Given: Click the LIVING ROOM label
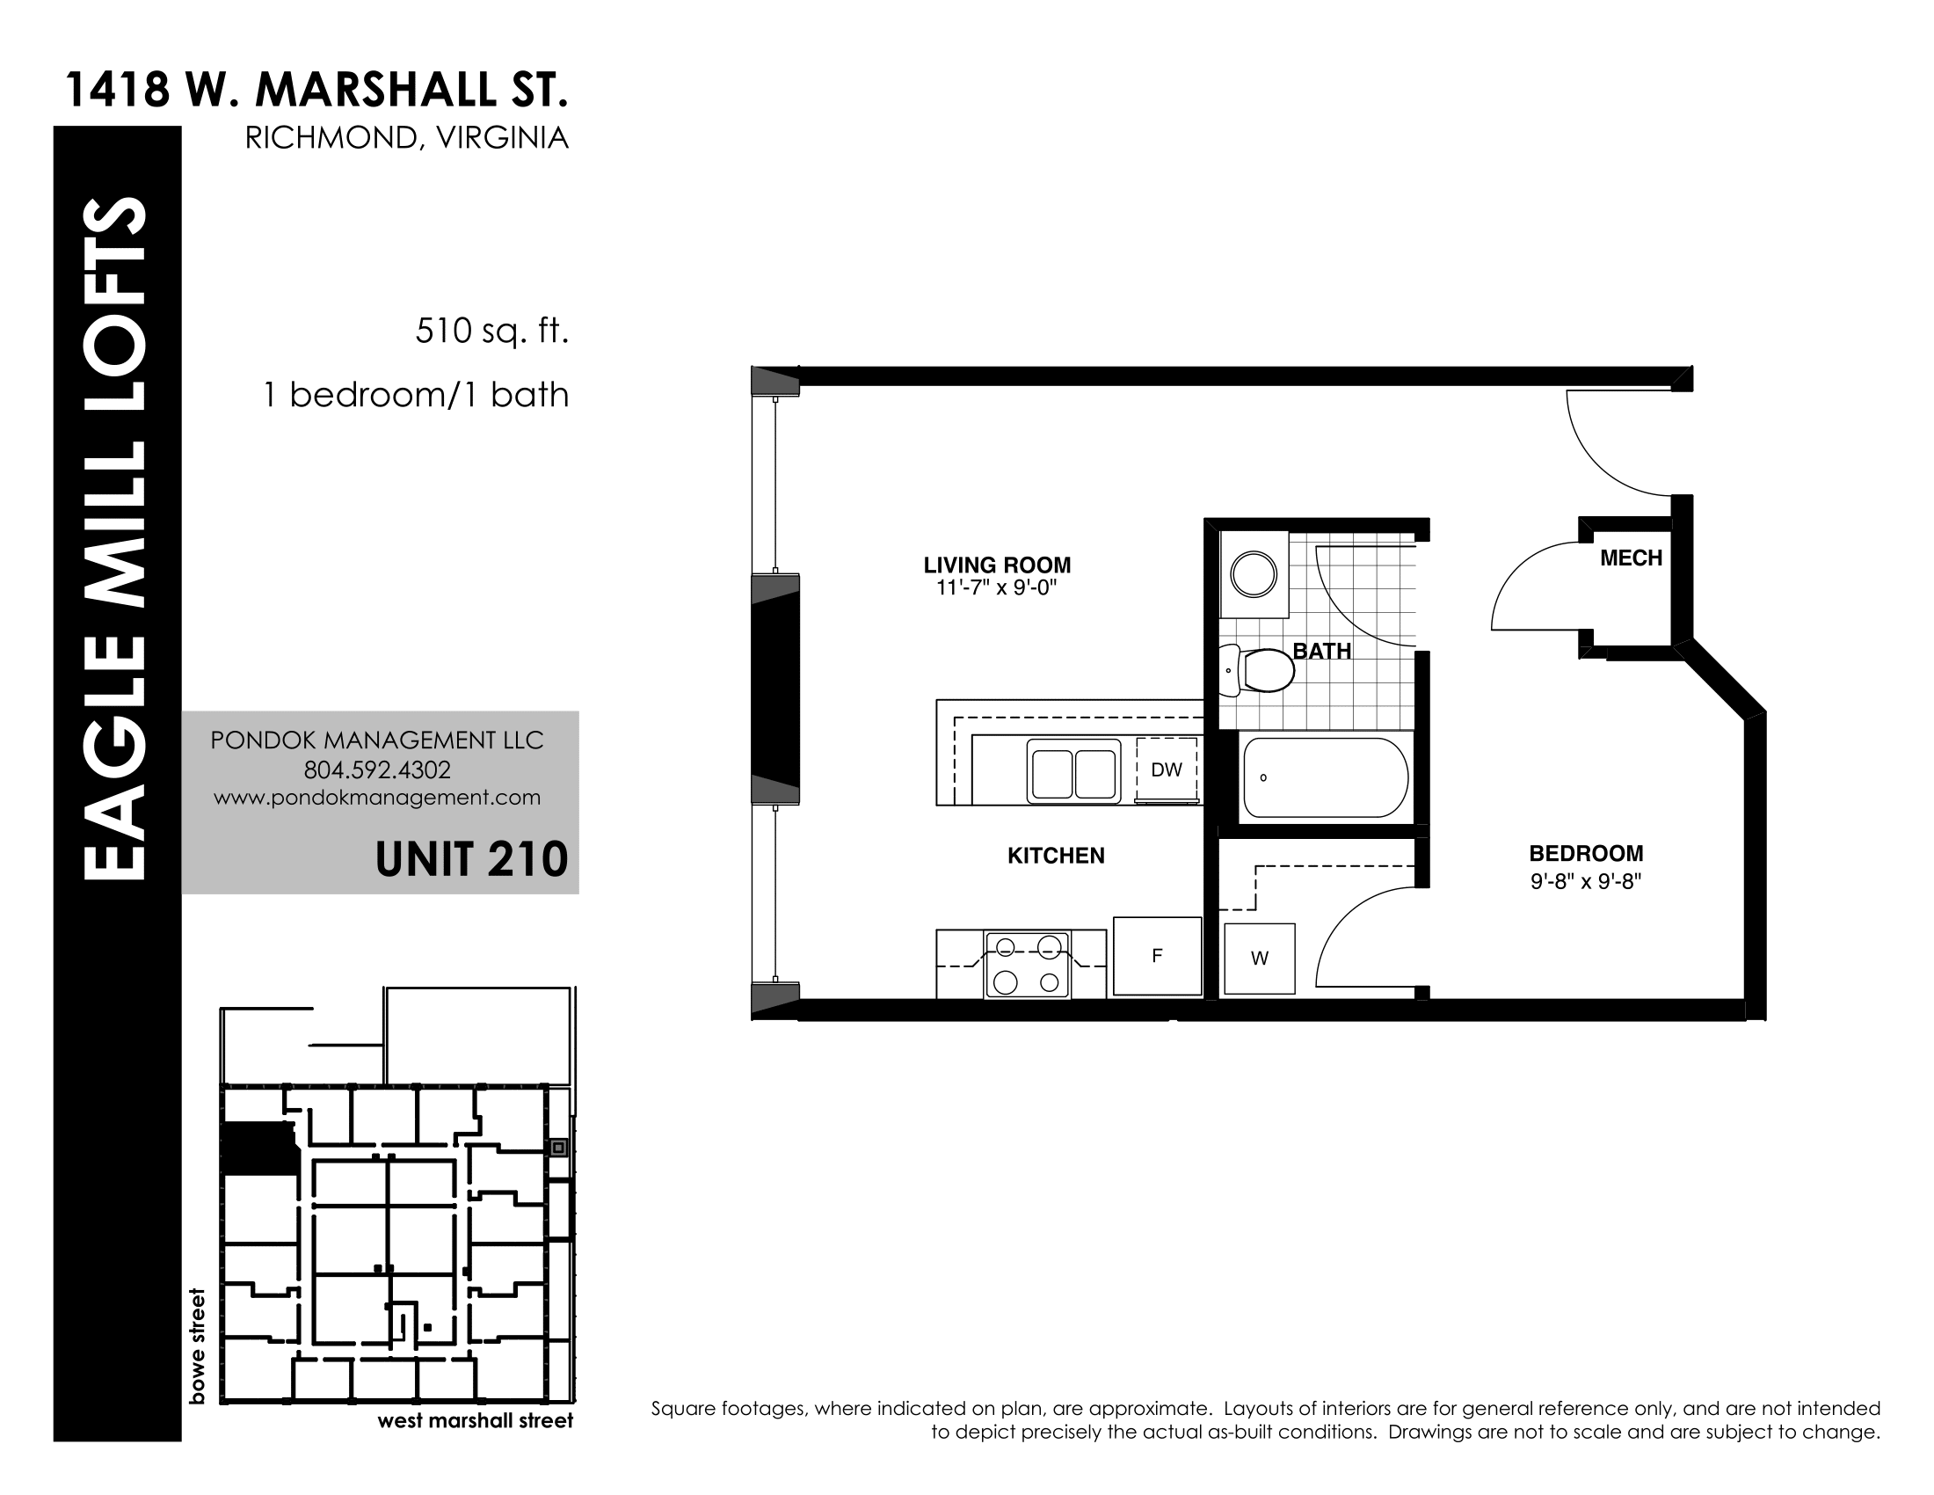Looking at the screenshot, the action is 997,565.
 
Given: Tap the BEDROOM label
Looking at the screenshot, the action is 1586,854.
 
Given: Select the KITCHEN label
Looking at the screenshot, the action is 1057,856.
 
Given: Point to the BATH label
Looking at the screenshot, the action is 1322,651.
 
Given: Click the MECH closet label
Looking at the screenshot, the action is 1631,558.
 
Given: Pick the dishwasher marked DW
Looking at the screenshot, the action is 1167,769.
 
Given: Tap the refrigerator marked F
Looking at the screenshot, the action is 1158,956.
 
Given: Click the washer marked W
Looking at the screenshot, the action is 1259,959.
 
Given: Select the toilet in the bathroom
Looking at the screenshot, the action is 1257,670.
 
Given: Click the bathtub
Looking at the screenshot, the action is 1325,777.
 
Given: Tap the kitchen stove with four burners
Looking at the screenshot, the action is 1027,965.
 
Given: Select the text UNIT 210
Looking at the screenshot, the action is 471,859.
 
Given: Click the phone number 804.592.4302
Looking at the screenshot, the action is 377,769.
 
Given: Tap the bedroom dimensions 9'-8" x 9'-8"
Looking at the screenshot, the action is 1586,881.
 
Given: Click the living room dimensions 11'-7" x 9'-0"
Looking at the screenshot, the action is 997,587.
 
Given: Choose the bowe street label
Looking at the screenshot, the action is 197,1346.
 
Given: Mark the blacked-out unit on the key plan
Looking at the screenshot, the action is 258,1149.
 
